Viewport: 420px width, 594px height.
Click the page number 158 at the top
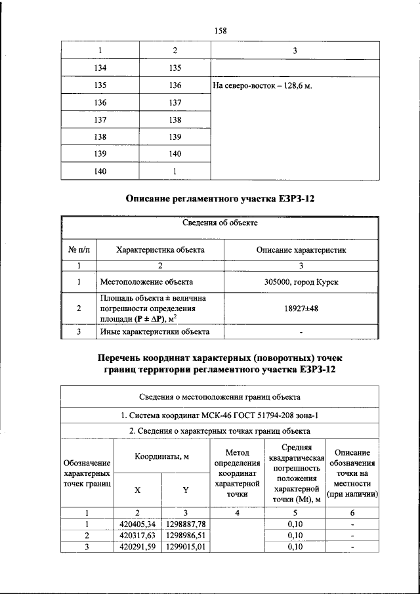(220, 30)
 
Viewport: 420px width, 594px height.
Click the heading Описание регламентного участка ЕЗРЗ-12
(220, 198)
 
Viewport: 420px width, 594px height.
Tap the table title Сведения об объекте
(220, 223)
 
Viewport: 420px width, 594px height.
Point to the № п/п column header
(79, 250)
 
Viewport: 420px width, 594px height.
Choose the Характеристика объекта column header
(160, 250)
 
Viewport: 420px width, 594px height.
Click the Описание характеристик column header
(301, 250)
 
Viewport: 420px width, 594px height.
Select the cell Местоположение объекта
(146, 282)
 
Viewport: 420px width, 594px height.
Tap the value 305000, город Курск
(301, 282)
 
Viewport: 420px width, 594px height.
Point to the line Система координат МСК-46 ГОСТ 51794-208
(220, 415)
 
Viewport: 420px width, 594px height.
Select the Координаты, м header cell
(160, 456)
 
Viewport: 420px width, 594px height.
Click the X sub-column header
(137, 490)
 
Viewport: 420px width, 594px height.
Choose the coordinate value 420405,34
(137, 524)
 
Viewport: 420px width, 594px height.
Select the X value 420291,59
(137, 546)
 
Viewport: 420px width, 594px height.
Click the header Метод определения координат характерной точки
(237, 473)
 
